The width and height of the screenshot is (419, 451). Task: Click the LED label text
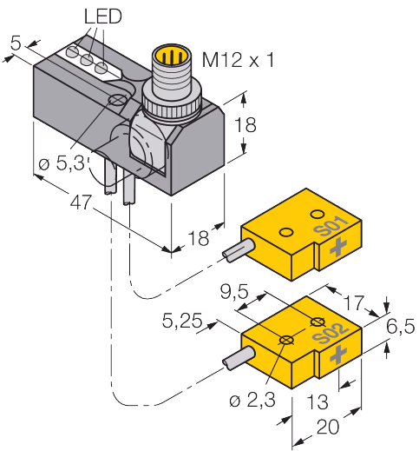(x=103, y=17)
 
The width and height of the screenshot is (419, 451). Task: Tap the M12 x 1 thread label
(x=238, y=60)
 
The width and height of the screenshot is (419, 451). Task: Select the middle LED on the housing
(x=87, y=60)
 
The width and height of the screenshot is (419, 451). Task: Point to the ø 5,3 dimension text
(x=63, y=163)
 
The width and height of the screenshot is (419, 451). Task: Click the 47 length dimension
(x=82, y=202)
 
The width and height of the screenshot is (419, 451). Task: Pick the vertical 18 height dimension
(x=246, y=125)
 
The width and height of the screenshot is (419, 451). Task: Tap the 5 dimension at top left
(x=16, y=43)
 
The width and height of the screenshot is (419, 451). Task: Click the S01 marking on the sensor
(x=331, y=226)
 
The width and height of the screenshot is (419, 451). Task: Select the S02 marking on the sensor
(x=331, y=333)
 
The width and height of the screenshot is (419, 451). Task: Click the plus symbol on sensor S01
(x=337, y=247)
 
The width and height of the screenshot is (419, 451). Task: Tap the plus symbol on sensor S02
(x=338, y=355)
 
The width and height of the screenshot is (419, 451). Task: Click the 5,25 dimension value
(x=182, y=321)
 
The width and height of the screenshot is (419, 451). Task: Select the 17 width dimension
(x=354, y=302)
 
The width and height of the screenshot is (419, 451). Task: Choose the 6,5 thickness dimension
(x=401, y=327)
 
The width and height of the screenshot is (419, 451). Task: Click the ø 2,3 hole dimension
(x=252, y=401)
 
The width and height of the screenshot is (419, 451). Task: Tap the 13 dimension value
(x=318, y=401)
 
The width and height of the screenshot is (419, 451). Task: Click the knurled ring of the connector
(x=171, y=107)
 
